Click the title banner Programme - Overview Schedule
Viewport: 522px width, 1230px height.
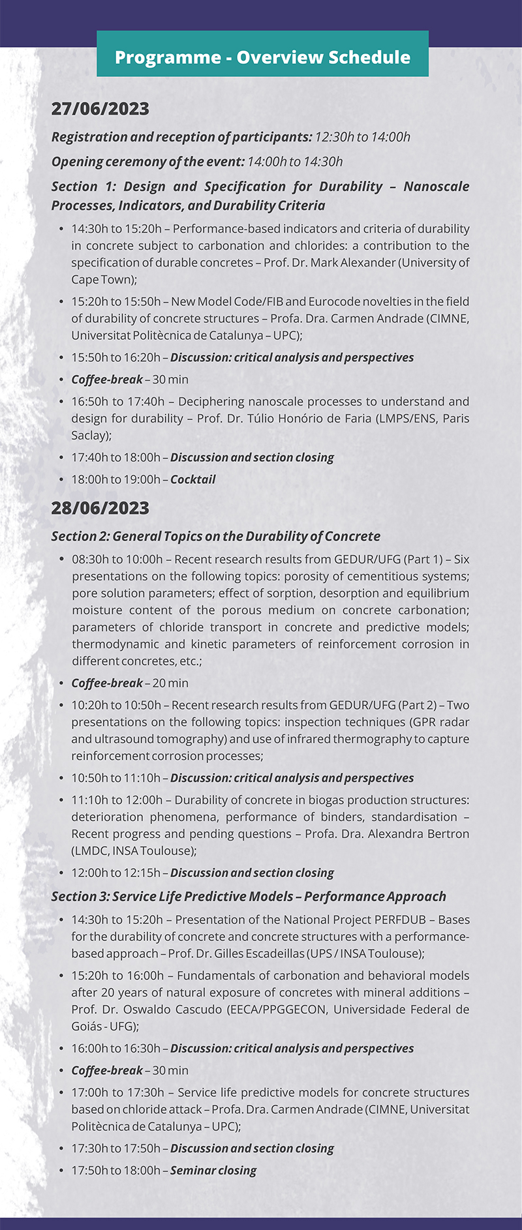[262, 57]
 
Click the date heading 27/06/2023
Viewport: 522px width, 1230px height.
[100, 109]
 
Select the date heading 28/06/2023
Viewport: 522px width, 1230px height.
[100, 508]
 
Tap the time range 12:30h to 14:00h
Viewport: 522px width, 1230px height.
[362, 137]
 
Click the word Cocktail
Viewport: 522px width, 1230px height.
[193, 479]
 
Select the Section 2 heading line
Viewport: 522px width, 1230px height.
[216, 536]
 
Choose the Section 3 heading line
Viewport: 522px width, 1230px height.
[249, 896]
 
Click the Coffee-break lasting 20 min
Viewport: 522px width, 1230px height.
[130, 683]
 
